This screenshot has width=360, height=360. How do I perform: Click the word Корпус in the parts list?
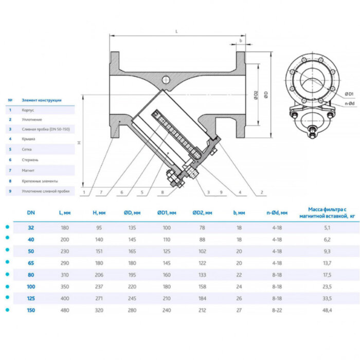[x=28, y=110]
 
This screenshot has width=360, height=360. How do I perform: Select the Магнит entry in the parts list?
[x=28, y=170]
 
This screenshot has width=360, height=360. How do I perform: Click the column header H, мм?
[x=99, y=212]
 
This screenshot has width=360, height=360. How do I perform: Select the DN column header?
[x=31, y=212]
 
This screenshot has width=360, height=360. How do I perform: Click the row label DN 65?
[x=31, y=262]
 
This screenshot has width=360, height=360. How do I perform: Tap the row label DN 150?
[x=31, y=310]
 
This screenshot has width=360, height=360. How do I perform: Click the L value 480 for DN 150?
[x=65, y=310]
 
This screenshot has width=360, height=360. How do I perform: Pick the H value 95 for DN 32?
[x=99, y=227]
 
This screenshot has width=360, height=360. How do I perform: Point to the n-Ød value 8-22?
[x=277, y=310]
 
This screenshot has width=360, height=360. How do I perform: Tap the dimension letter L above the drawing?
[x=176, y=31]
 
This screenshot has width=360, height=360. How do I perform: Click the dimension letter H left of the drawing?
[x=79, y=142]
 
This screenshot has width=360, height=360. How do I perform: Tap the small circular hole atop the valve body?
[x=166, y=80]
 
